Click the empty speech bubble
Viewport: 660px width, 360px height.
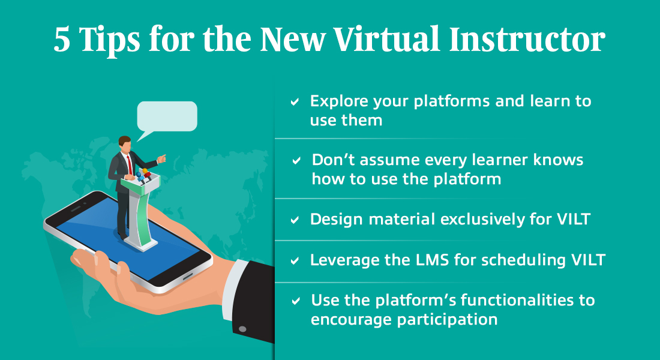[167, 116]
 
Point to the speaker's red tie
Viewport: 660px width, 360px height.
[128, 162]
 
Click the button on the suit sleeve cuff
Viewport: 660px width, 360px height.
[242, 329]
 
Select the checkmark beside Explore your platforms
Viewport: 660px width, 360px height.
[295, 102]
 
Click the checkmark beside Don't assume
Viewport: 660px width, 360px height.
[296, 161]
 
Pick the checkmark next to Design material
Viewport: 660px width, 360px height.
[295, 220]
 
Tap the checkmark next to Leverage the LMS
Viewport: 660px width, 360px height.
[295, 261]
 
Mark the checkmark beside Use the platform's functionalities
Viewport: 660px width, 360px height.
[295, 301]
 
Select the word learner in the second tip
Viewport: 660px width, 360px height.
[488, 160]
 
